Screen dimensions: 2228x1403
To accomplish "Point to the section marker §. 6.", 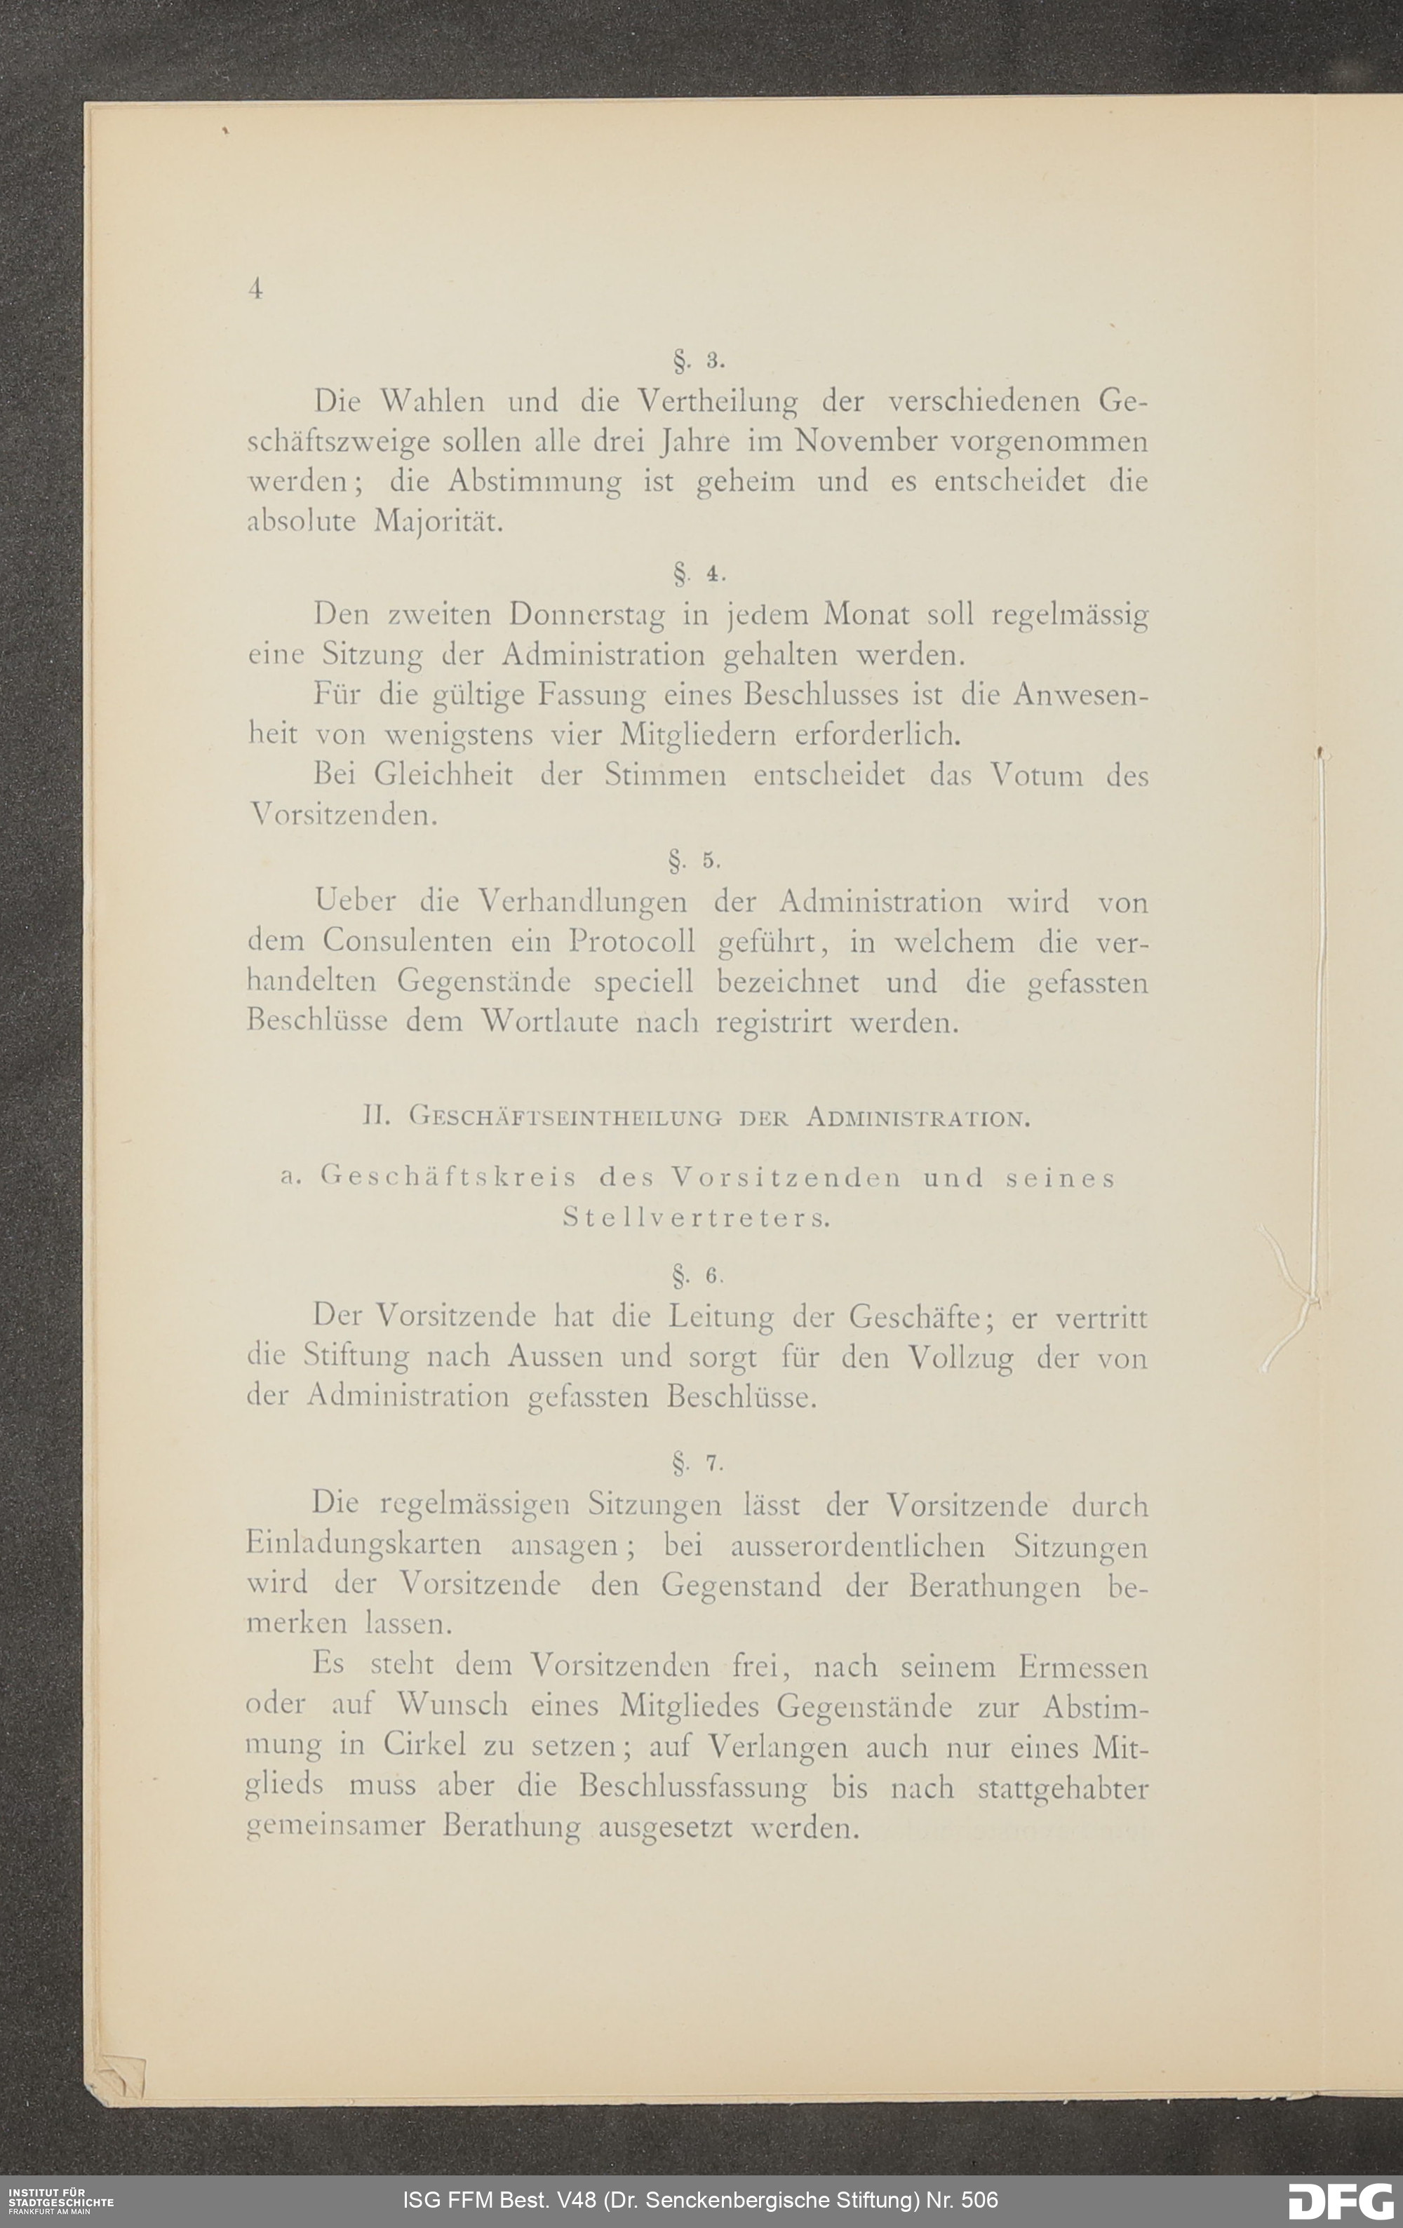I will click(699, 1276).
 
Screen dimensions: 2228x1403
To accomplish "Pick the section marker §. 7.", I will click(699, 1463).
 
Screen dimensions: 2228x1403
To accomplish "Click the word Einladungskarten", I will click(363, 1544).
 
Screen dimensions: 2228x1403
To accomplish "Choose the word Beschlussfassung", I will click(692, 1787).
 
